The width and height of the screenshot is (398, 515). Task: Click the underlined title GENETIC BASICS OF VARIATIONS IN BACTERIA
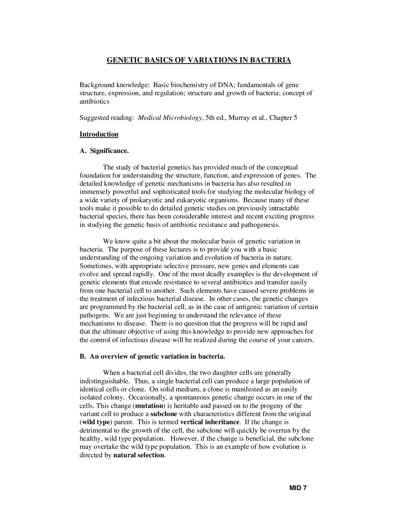(x=199, y=60)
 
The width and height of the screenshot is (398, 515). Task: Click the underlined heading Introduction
(x=99, y=134)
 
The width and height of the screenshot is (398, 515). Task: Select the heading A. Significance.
(x=104, y=151)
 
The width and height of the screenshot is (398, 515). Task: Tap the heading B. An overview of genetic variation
(x=152, y=356)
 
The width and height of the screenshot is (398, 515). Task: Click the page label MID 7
(x=298, y=488)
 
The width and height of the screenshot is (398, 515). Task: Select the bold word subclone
(x=164, y=414)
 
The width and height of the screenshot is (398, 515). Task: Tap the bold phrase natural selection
(x=138, y=455)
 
